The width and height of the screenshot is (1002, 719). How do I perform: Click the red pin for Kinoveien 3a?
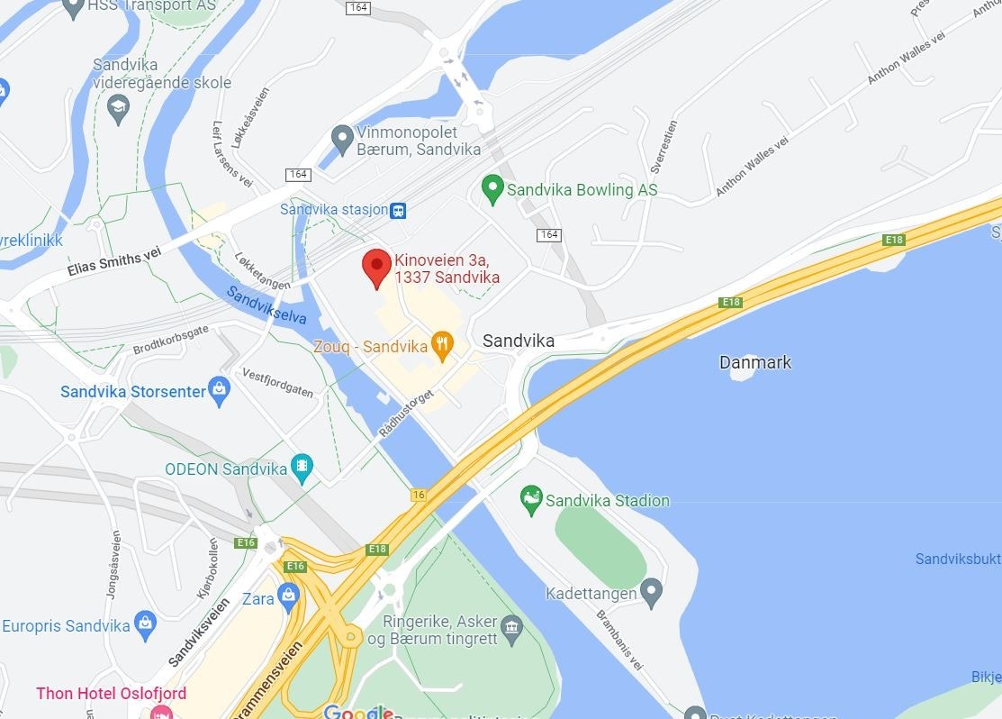[376, 267]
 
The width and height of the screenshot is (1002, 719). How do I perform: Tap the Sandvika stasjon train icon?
[398, 211]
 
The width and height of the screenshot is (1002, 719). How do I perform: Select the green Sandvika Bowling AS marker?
[492, 189]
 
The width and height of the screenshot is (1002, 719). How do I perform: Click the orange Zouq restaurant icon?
[441, 344]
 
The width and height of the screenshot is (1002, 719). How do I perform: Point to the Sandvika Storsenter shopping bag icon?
[219, 390]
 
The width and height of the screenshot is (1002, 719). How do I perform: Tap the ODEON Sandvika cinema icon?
[302, 468]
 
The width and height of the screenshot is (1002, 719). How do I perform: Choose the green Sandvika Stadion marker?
[531, 499]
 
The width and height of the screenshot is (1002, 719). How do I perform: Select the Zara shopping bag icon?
[288, 595]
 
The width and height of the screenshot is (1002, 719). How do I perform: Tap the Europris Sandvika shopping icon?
[145, 623]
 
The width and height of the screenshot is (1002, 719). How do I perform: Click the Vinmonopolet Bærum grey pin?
[341, 139]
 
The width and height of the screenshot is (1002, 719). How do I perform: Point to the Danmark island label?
[755, 362]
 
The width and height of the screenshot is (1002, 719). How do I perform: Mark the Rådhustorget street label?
[406, 414]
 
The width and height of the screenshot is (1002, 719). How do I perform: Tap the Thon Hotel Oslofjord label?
[111, 694]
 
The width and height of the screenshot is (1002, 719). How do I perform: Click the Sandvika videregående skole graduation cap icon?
[118, 108]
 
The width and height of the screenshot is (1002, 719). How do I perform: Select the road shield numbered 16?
[418, 494]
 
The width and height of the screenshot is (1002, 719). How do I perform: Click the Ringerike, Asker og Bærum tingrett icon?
[512, 627]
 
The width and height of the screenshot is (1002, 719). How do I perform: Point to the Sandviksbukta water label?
[958, 560]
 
